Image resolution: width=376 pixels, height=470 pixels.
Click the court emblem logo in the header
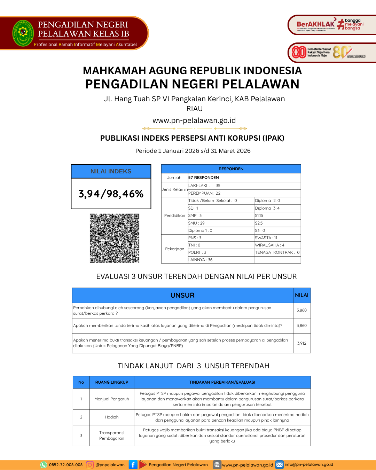23,33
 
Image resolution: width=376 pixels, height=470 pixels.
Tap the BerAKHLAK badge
315,25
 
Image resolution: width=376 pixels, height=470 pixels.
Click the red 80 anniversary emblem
299,52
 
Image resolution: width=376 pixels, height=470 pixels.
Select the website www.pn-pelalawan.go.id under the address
194,120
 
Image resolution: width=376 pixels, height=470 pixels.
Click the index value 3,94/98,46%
111,194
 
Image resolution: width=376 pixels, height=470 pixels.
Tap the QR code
114,238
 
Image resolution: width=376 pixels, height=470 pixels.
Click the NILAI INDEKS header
111,171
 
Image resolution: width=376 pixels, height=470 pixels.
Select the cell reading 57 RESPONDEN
204,178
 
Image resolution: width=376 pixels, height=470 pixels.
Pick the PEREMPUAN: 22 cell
204,193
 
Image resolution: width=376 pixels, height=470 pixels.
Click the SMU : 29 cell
197,223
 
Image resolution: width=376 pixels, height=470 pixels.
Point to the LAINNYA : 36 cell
201,260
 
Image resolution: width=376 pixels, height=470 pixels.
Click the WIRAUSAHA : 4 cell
270,245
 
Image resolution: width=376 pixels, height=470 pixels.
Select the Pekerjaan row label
174,249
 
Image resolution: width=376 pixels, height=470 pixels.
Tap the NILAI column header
301,295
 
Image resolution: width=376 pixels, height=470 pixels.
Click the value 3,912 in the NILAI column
301,343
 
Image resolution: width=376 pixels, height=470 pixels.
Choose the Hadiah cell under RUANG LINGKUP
111,417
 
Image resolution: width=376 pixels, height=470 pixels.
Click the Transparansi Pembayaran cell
111,436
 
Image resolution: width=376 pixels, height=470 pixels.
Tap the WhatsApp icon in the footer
44,465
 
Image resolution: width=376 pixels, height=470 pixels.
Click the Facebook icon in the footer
133,465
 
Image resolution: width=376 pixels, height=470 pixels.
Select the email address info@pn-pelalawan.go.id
309,464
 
